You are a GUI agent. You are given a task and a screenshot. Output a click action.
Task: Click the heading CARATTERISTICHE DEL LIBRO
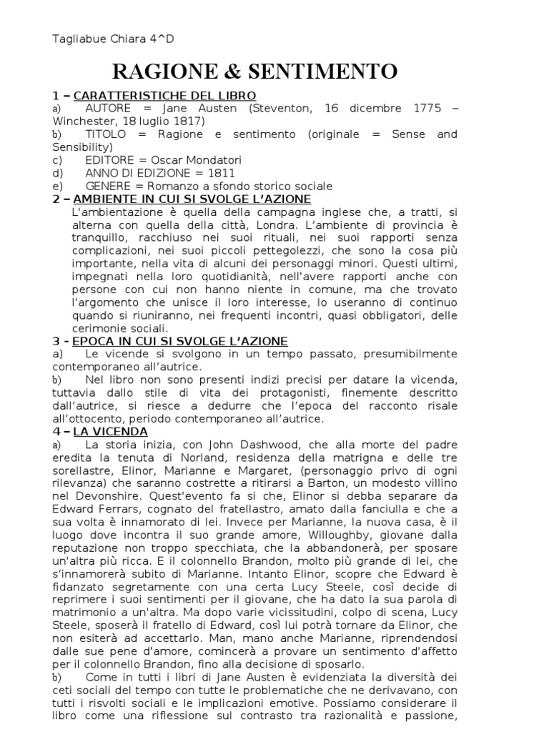[164, 96]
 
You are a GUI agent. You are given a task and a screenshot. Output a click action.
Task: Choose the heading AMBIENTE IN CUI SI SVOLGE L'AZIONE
[192, 199]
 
